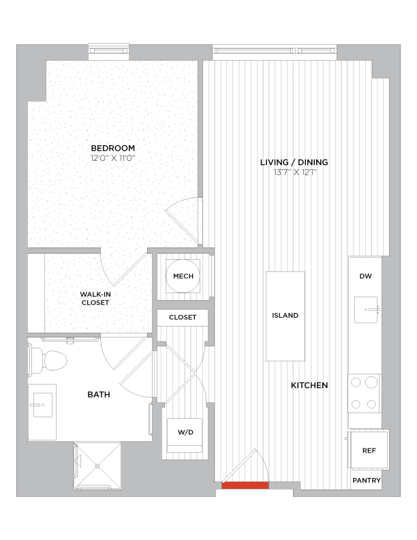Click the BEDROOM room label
[x=113, y=148]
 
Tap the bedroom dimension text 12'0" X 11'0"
[x=113, y=158]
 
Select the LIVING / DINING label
[x=294, y=162]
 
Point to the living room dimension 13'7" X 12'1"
[x=294, y=172]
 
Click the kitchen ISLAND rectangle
[x=284, y=316]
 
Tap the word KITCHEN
[x=309, y=385]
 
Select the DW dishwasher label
[x=365, y=276]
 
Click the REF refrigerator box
[x=369, y=451]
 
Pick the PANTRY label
[x=367, y=481]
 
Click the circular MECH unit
[x=183, y=276]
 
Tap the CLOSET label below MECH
[x=183, y=317]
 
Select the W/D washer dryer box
[x=185, y=432]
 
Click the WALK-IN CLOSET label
[x=95, y=298]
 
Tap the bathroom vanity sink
[x=40, y=405]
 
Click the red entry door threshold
[x=245, y=485]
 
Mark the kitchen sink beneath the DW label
[x=369, y=310]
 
